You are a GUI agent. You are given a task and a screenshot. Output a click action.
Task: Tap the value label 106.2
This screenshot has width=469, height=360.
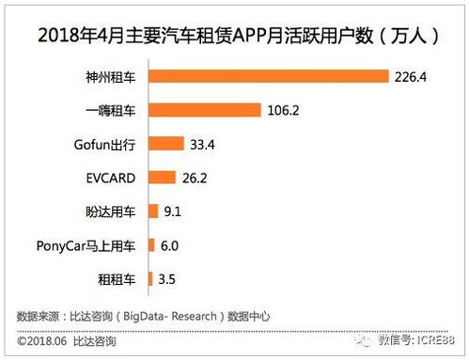[284, 110]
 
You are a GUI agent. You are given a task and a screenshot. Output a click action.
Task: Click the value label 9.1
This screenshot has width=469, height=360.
[173, 211]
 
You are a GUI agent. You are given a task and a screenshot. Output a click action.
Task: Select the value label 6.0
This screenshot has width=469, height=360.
[169, 245]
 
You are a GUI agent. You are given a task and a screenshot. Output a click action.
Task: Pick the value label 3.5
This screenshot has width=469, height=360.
[167, 279]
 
